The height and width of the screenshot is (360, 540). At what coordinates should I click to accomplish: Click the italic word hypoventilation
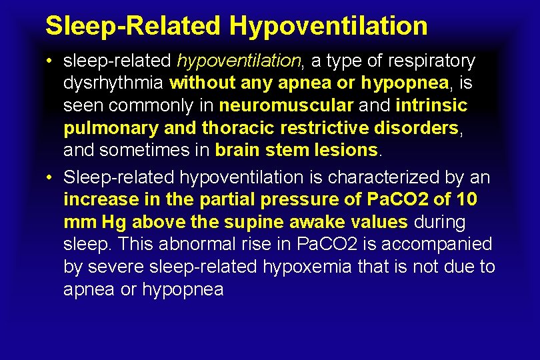(x=239, y=61)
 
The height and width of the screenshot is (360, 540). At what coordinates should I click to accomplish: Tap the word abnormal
(x=182, y=245)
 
